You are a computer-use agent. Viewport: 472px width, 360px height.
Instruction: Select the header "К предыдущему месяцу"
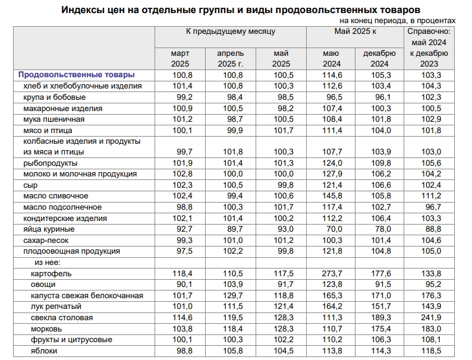(230, 31)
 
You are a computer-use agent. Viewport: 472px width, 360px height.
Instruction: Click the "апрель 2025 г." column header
(230, 58)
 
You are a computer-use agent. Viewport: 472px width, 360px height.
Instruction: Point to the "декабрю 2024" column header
(379, 58)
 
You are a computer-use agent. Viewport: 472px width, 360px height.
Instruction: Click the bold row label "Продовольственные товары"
(76, 75)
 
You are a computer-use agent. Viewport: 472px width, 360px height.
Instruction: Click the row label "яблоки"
(45, 351)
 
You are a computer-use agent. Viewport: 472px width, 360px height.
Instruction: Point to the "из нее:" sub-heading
(48, 262)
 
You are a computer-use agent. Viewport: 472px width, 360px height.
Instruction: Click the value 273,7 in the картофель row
(331, 273)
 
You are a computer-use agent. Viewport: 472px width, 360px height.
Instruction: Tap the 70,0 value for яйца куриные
(331, 229)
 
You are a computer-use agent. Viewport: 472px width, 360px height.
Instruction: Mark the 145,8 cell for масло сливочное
(331, 196)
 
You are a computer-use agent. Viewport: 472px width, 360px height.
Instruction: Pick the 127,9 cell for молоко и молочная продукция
(331, 174)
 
